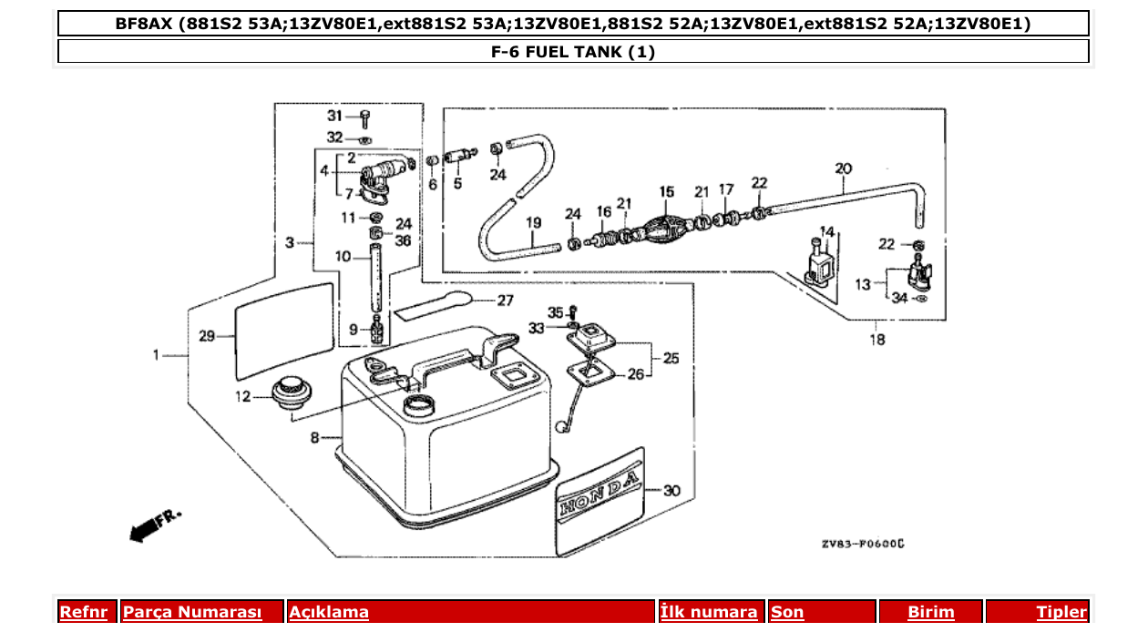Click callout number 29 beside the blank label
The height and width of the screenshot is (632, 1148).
(x=207, y=336)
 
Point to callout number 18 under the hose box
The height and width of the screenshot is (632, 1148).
(x=876, y=341)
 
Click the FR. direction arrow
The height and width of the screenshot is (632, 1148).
(x=153, y=525)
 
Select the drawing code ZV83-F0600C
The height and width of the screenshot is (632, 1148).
(x=861, y=544)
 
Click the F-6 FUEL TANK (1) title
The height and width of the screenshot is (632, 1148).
(x=573, y=52)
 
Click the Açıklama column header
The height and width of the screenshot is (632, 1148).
(x=329, y=612)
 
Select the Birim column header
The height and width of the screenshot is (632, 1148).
(x=930, y=612)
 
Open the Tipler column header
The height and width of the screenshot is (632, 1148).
(x=1061, y=612)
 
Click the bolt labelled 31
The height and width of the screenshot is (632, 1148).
(x=364, y=119)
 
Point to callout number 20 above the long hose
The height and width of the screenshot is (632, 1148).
(x=843, y=168)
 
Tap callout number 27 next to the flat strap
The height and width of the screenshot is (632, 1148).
(x=505, y=301)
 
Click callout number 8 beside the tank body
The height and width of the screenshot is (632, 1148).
(x=314, y=438)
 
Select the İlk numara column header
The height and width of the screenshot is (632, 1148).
(x=709, y=612)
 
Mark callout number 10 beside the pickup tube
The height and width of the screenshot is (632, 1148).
(x=342, y=258)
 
